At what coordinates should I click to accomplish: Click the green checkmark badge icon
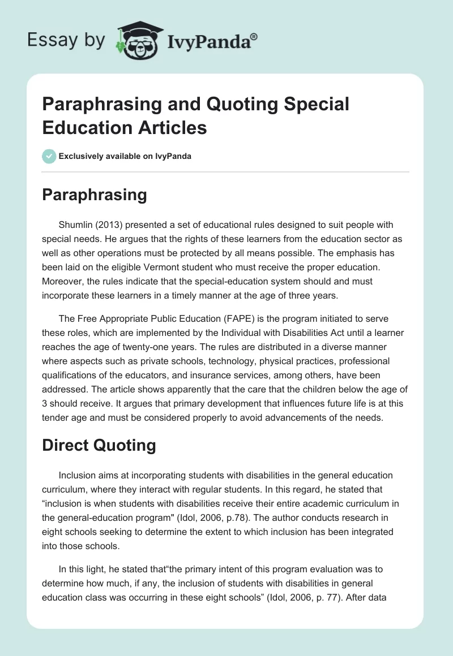pyautogui.click(x=49, y=156)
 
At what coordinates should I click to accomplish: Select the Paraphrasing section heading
pyautogui.click(x=95, y=195)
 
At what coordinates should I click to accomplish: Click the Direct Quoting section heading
pyautogui.click(x=99, y=445)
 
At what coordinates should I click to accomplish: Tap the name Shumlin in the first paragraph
pyautogui.click(x=77, y=225)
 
